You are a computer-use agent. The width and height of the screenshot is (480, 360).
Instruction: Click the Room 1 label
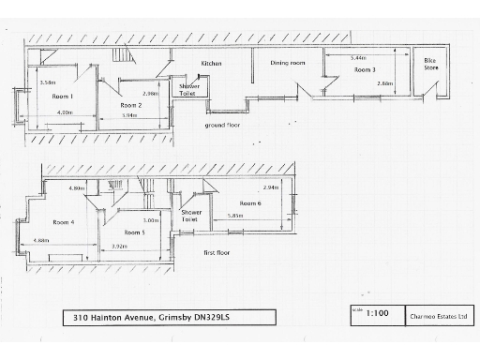[63, 97]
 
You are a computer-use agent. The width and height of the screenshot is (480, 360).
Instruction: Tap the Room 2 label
[131, 105]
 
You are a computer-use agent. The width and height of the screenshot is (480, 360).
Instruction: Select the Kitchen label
[211, 64]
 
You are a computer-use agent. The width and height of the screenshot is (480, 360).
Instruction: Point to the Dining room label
[288, 63]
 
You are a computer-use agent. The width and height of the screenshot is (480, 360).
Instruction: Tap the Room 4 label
[64, 221]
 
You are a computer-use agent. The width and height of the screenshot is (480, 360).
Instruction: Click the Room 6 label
[249, 202]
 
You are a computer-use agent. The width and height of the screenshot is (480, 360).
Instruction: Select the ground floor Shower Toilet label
[188, 90]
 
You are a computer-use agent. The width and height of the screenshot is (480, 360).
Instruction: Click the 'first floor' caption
[217, 252]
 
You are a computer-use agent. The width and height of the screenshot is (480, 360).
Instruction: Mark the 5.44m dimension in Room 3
[359, 58]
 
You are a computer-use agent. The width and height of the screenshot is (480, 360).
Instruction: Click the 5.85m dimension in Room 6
[235, 216]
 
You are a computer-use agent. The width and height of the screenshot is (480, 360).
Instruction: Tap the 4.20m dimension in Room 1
[65, 113]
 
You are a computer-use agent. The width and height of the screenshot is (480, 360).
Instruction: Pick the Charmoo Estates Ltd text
[440, 317]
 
